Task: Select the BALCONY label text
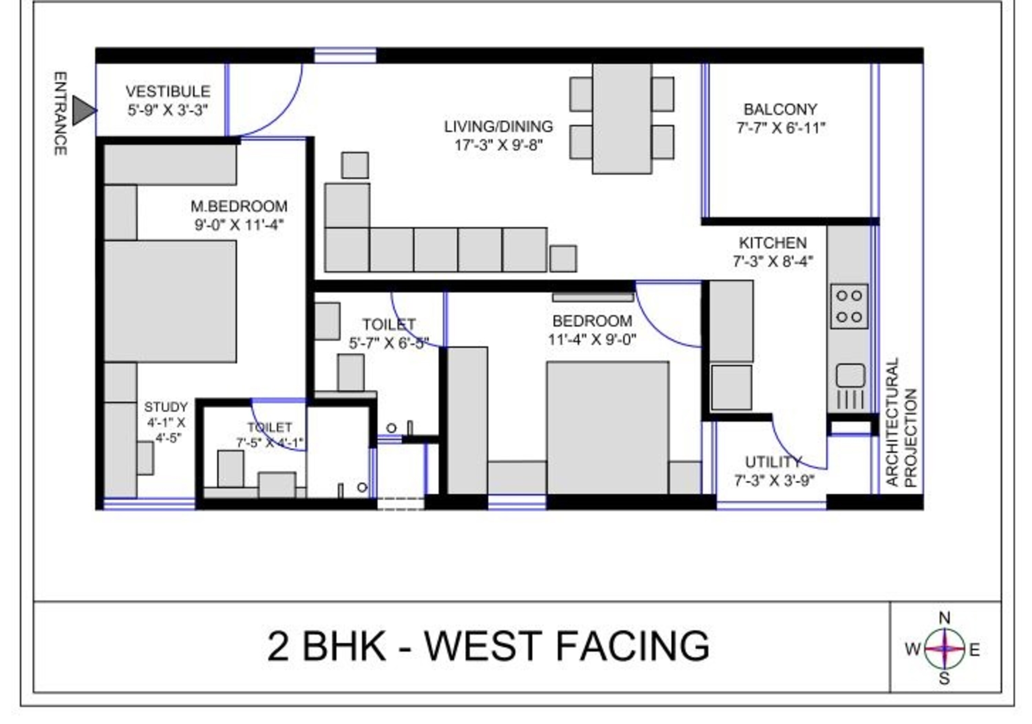coord(780,110)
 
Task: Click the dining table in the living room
coord(622,119)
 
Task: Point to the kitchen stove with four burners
coord(849,306)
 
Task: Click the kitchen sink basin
coord(850,376)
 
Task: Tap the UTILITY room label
coord(773,462)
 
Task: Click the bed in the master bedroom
coord(170,301)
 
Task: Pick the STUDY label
coord(166,407)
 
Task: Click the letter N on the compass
coord(944,619)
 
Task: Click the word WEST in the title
coord(483,646)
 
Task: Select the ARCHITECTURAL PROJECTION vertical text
coord(901,422)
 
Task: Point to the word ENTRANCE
coord(61,114)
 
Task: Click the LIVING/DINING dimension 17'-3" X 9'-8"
coord(498,145)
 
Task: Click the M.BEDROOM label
coord(239,207)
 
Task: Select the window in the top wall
coord(345,56)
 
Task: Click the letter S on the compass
coord(944,679)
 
